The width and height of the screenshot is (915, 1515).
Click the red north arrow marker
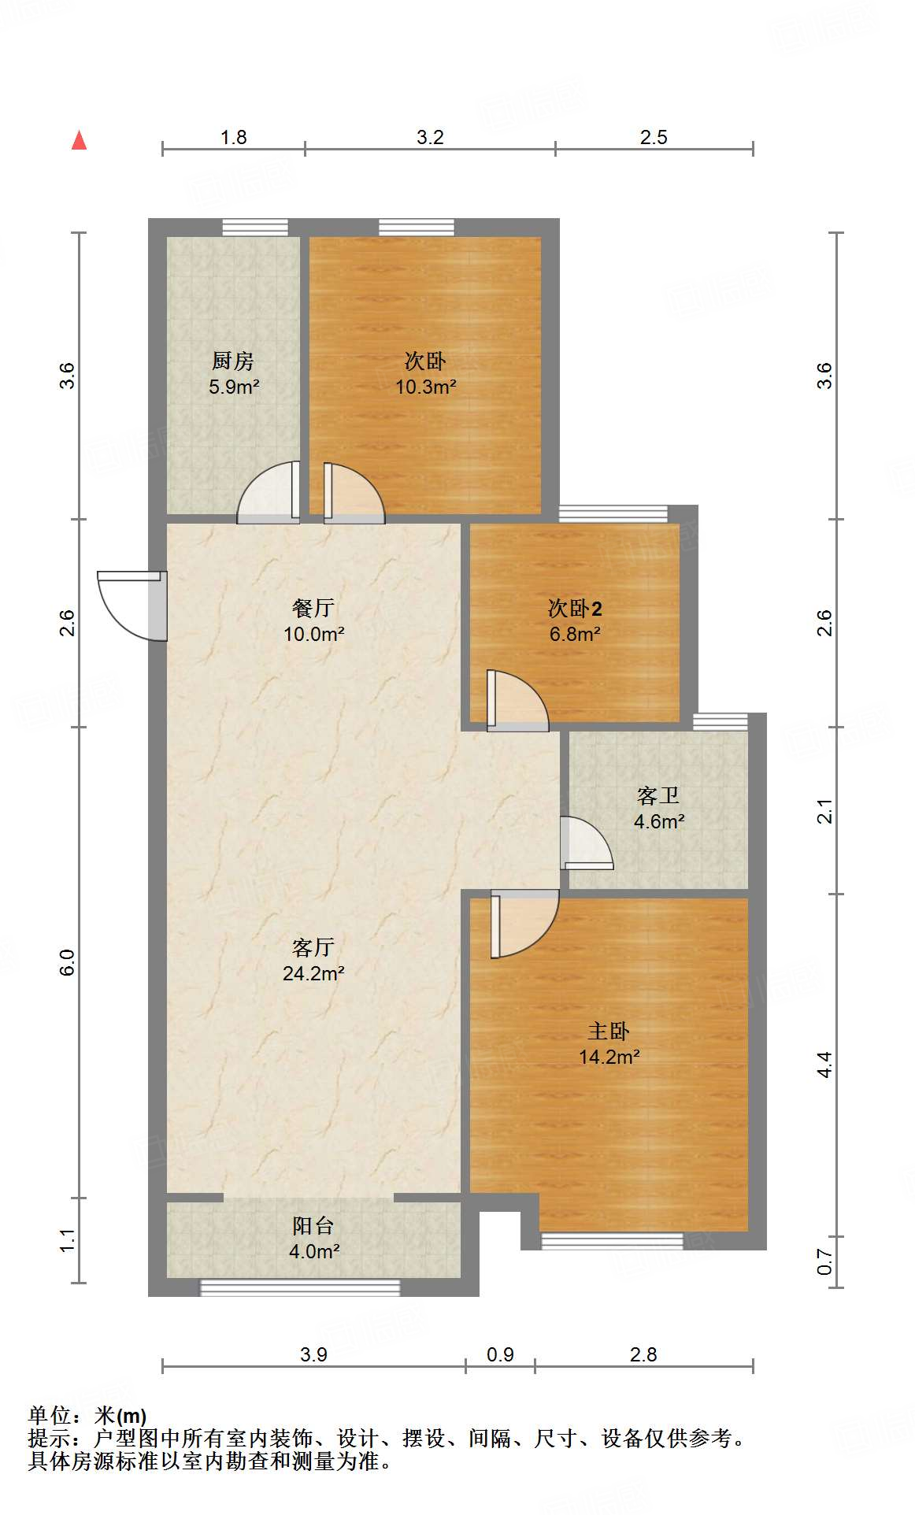(79, 140)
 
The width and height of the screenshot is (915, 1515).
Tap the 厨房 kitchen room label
(233, 361)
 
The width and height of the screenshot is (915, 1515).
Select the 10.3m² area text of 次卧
(426, 387)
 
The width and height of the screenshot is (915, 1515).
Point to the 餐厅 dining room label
(313, 608)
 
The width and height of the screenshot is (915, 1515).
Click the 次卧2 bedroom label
(575, 608)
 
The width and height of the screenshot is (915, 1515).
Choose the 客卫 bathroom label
(658, 795)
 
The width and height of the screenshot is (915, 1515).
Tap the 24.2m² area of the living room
(313, 973)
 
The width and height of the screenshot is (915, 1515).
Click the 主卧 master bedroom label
(609, 1031)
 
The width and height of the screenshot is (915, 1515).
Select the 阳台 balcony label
(313, 1225)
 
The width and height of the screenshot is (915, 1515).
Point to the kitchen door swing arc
(268, 493)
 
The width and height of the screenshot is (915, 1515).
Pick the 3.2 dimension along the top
(430, 137)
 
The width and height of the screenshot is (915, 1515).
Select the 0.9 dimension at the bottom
(500, 1354)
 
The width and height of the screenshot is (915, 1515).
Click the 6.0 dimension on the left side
(68, 962)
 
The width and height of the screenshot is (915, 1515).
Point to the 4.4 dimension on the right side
(824, 1065)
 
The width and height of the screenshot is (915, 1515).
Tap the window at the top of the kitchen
(254, 228)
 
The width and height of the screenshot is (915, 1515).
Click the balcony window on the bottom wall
(300, 1287)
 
